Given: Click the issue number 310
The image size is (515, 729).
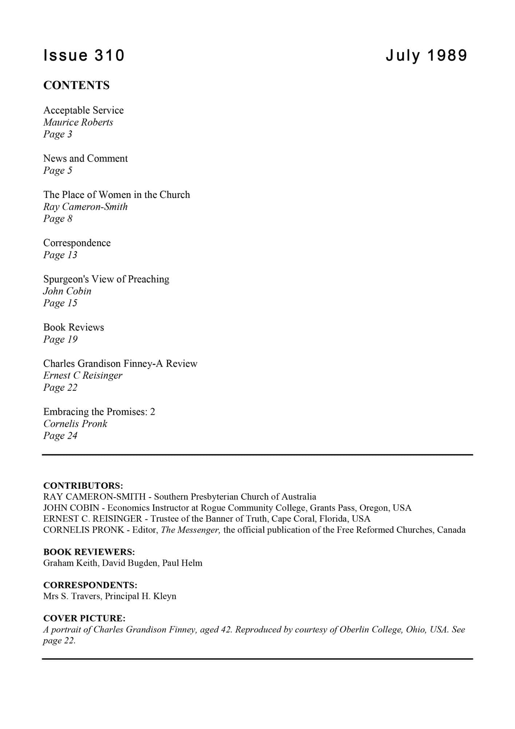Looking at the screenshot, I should click(109, 55).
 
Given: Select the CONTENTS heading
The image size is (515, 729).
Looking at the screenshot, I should click(76, 85).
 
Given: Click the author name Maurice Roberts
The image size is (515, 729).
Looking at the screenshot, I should click(78, 122).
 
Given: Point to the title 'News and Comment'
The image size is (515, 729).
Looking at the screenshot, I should click(85, 158).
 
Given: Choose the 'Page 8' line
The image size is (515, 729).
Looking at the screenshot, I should click(58, 219).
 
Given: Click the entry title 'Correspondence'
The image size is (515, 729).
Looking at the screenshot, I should click(77, 243).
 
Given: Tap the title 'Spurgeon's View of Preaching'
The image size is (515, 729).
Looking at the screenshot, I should click(106, 279).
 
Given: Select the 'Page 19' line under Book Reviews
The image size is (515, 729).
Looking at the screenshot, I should click(60, 339).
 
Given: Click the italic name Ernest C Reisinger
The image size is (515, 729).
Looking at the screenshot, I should click(83, 375).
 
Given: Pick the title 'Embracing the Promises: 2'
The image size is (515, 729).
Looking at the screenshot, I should click(99, 412).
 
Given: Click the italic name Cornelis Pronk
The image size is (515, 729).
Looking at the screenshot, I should click(75, 424).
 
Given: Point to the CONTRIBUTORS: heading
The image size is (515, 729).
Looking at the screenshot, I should click(83, 486).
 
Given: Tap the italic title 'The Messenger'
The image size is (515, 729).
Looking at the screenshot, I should click(190, 530).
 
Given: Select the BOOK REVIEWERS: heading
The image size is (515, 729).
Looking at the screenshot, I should click(89, 552).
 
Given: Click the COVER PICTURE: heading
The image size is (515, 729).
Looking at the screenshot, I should click(84, 618).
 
